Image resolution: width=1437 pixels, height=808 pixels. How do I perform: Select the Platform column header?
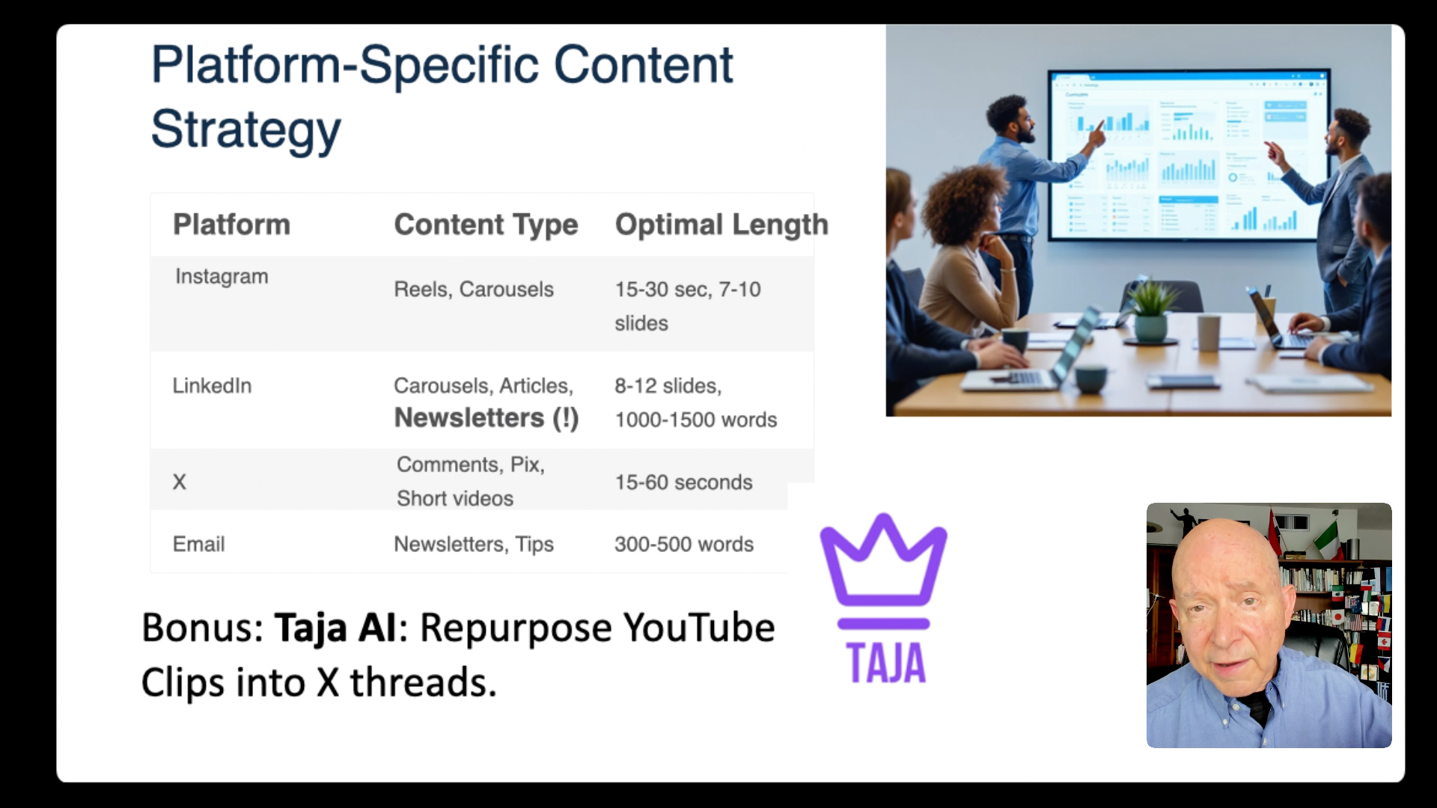[231, 224]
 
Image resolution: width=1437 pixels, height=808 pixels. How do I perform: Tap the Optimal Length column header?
[721, 224]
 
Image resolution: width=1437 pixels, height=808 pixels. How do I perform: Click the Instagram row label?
[222, 277]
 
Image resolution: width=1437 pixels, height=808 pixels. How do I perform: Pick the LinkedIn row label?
[212, 386]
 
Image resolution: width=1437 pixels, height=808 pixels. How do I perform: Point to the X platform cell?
[180, 482]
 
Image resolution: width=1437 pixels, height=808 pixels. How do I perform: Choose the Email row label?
[198, 544]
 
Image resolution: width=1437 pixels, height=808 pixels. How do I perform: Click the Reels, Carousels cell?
[474, 290]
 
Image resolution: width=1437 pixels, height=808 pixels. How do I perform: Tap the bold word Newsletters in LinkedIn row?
[469, 417]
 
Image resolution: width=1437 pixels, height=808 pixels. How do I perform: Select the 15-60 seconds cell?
[683, 483]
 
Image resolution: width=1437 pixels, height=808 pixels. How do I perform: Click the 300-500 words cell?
[684, 544]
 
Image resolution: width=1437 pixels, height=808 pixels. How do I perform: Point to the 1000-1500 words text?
[696, 420]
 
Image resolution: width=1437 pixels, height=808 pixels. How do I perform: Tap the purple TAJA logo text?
[886, 663]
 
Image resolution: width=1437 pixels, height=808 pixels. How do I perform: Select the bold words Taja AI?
[335, 627]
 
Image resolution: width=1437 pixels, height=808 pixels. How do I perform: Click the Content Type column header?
[486, 224]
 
